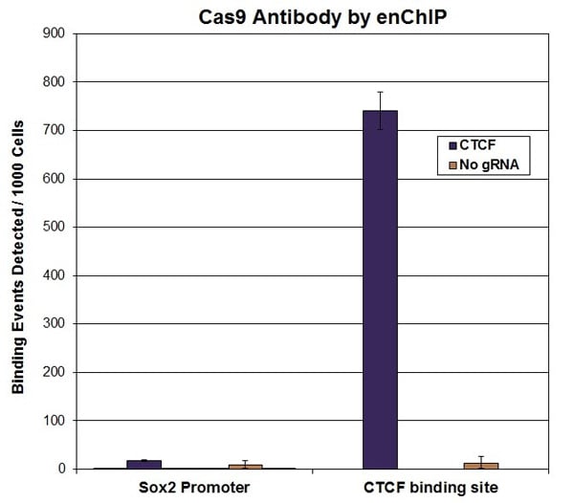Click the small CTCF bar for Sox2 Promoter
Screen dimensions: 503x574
pyautogui.click(x=143, y=465)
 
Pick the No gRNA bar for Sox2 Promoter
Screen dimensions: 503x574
pyautogui.click(x=246, y=467)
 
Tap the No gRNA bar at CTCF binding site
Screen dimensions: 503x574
pyautogui.click(x=481, y=466)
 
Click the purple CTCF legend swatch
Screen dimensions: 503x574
pyautogui.click(x=453, y=145)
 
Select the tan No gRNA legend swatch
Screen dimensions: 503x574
pyautogui.click(x=453, y=165)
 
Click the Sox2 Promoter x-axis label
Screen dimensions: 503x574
pyautogui.click(x=194, y=488)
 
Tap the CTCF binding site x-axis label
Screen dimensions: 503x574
pyautogui.click(x=430, y=488)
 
